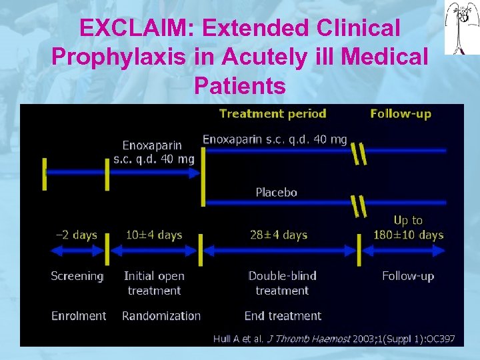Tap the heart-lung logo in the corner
tap(462, 27)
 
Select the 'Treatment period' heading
tap(273, 113)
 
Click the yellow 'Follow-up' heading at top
tap(401, 113)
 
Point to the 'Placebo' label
tap(277, 193)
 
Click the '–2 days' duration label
tap(76, 235)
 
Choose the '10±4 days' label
tap(154, 235)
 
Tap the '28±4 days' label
tap(279, 235)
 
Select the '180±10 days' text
tap(408, 235)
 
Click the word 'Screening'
tap(77, 276)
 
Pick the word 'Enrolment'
tap(79, 316)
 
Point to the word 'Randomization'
tap(161, 316)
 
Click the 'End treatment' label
tap(283, 316)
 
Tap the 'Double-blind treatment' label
tap(283, 283)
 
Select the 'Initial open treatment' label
tap(154, 283)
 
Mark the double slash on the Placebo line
tap(359, 206)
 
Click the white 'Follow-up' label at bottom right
tap(408, 276)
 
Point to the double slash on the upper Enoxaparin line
tap(359, 153)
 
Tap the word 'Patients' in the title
tap(240, 86)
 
